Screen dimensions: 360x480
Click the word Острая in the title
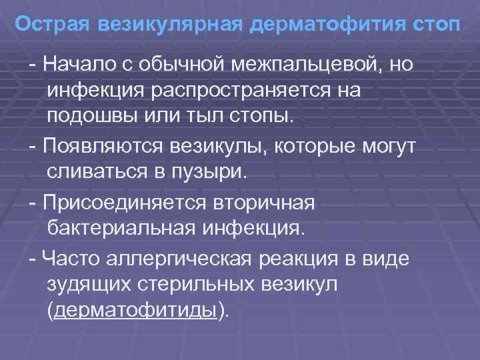pos(53,25)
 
